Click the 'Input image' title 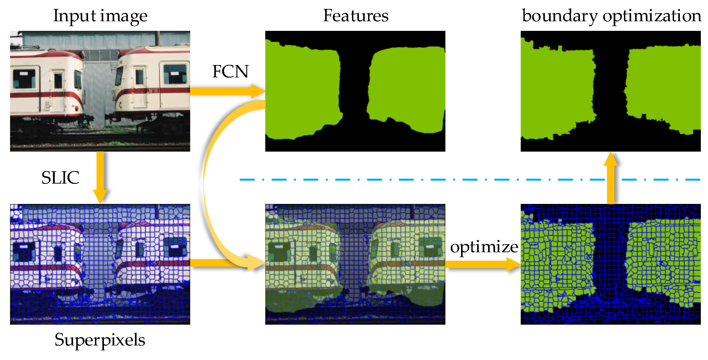click(x=100, y=16)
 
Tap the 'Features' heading click(x=355, y=16)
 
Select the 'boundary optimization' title click(x=611, y=16)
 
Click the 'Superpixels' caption click(x=100, y=340)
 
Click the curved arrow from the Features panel click(x=209, y=182)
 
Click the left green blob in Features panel click(x=302, y=91)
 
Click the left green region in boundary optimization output click(x=556, y=91)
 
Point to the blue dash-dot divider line click(x=412, y=180)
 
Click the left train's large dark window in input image click(x=24, y=78)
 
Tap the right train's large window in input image click(x=175, y=74)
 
